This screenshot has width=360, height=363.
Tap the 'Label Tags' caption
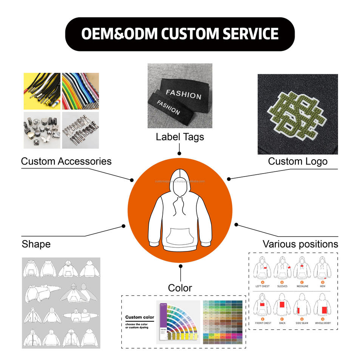pyautogui.click(x=180, y=137)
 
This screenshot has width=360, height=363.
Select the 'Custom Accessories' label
pyautogui.click(x=66, y=161)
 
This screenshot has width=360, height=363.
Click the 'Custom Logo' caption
pyautogui.click(x=298, y=161)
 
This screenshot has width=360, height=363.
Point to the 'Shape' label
pyautogui.click(x=36, y=244)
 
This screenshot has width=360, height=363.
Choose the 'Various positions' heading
pyautogui.click(x=300, y=244)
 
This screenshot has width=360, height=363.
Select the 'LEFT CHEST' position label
pyautogui.click(x=263, y=286)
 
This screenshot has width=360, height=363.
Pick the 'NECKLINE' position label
pyautogui.click(x=302, y=286)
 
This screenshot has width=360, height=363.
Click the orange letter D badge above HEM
pyautogui.click(x=322, y=282)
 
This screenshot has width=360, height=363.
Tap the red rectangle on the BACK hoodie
pyautogui.click(x=281, y=305)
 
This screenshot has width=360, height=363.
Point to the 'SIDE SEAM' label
pyautogui.click(x=302, y=323)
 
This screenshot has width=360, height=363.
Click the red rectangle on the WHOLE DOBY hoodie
pyautogui.click(x=324, y=310)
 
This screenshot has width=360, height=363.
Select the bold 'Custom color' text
pyautogui.click(x=139, y=317)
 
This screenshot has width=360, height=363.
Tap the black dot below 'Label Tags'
pyautogui.click(x=179, y=154)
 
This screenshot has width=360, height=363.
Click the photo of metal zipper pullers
pyautogui.click(x=80, y=130)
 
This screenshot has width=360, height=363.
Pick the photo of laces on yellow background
pyautogui.click(x=42, y=91)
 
